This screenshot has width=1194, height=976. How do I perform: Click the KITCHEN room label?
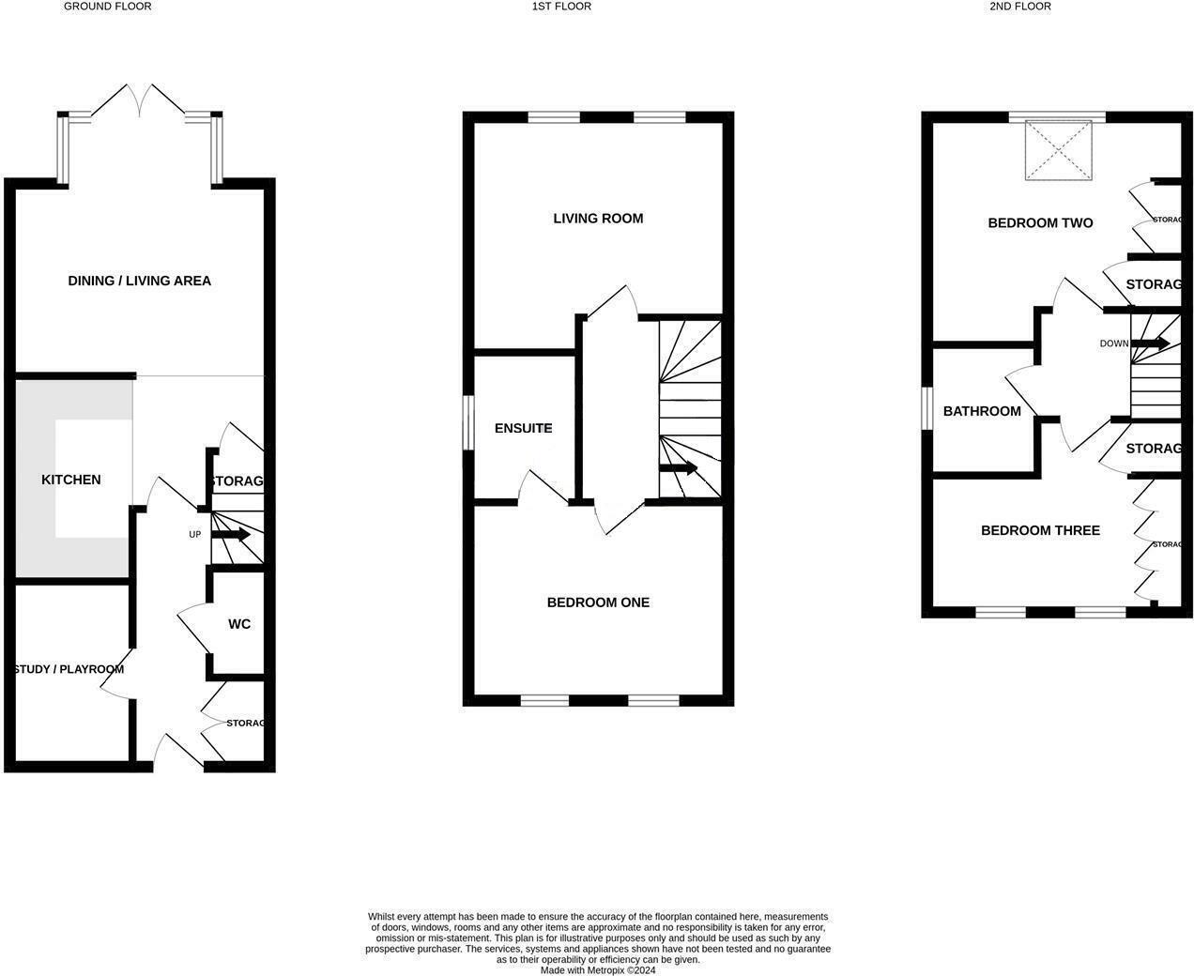pos(70,480)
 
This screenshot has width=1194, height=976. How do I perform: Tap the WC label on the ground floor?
pos(239,624)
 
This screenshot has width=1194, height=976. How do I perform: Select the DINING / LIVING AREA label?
pos(139,281)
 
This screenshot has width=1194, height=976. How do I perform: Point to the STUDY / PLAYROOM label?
pos(69,669)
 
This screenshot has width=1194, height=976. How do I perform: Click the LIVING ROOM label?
pos(598,219)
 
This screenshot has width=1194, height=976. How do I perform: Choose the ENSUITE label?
pos(523,428)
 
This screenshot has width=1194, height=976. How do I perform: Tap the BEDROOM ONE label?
pos(598,602)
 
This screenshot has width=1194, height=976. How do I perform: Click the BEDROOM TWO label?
pos(1040,223)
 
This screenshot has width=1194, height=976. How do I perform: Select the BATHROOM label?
pos(982,411)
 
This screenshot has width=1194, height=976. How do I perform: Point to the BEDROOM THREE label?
pos(1040,530)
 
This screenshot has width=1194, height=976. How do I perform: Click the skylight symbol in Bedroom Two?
pos(1064,150)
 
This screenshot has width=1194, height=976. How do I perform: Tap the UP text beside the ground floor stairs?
pos(195,535)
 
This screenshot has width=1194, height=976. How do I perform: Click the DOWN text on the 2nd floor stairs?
pos(1114,343)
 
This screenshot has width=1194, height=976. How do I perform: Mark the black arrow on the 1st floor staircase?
pos(679,468)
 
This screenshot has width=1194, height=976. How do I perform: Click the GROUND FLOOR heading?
pos(107,7)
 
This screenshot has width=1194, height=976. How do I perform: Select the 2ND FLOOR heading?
pos(1019,7)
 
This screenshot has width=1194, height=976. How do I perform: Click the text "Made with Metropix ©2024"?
pos(598,970)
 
